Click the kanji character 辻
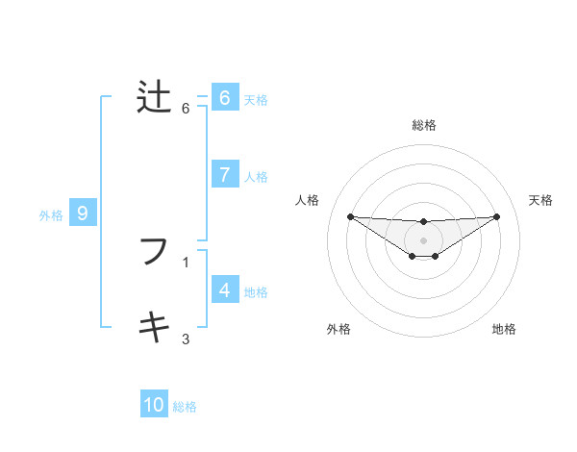(x=154, y=98)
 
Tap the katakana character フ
(x=154, y=252)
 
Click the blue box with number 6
(x=224, y=97)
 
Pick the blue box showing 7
(x=224, y=174)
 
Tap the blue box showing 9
(x=83, y=213)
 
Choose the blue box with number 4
(x=224, y=289)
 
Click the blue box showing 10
(x=154, y=405)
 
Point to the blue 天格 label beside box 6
(x=256, y=99)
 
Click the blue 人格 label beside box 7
(x=256, y=177)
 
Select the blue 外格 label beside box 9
(x=51, y=215)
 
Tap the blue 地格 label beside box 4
(x=256, y=292)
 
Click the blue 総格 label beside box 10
(x=185, y=407)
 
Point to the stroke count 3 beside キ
(x=186, y=339)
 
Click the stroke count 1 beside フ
(x=186, y=262)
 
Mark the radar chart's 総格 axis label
(x=423, y=125)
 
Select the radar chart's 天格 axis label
(x=541, y=200)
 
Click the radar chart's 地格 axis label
(x=504, y=329)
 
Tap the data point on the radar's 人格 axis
(x=350, y=216)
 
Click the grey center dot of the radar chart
(x=423, y=239)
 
